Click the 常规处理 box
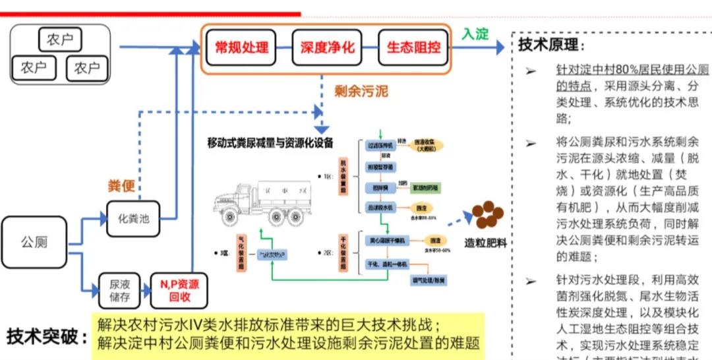(241, 47)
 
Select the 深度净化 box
(327, 47)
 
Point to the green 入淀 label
(474, 33)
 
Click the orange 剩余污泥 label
(361, 91)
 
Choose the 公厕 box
(34, 242)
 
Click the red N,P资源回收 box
(175, 291)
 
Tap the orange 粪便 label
(121, 185)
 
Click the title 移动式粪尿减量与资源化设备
(270, 142)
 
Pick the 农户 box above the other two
(60, 40)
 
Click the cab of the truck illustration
(235, 196)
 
